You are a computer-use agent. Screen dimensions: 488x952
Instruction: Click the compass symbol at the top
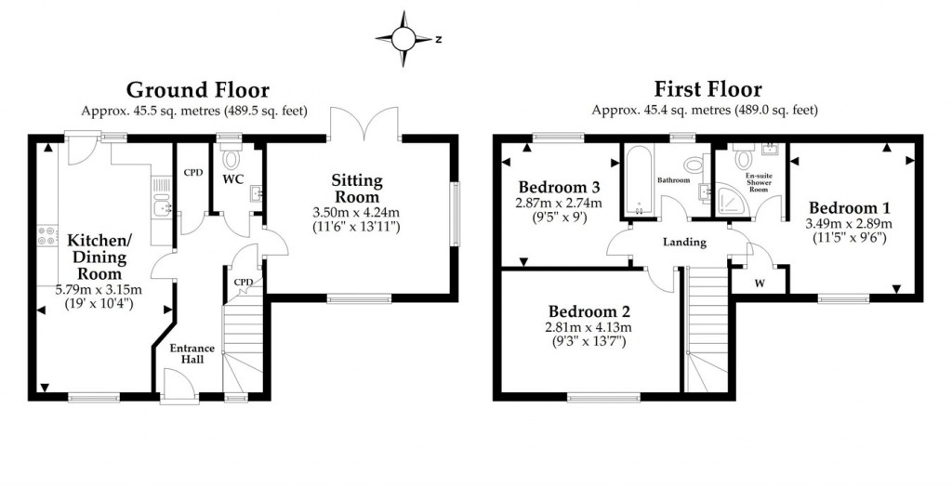click(405, 38)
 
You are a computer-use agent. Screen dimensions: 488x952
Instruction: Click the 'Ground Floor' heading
click(198, 90)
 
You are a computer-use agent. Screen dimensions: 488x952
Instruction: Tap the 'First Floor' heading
click(707, 90)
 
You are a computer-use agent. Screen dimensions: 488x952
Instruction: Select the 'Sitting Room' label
click(356, 189)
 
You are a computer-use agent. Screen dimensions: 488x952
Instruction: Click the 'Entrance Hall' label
click(192, 354)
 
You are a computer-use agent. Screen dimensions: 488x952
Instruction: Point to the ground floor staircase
click(239, 349)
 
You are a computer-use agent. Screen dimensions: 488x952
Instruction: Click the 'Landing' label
click(684, 242)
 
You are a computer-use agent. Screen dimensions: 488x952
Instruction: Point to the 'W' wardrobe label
click(759, 284)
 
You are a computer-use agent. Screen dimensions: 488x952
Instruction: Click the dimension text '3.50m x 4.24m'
click(356, 212)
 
